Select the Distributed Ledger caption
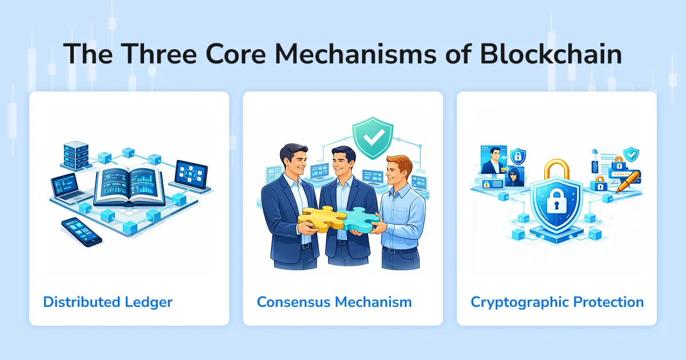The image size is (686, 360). tap(108, 301)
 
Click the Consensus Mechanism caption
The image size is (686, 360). tap(334, 301)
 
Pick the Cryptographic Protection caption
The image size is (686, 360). tap(557, 301)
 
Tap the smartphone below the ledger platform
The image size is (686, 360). tap(81, 231)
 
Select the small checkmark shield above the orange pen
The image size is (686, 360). tap(631, 154)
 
